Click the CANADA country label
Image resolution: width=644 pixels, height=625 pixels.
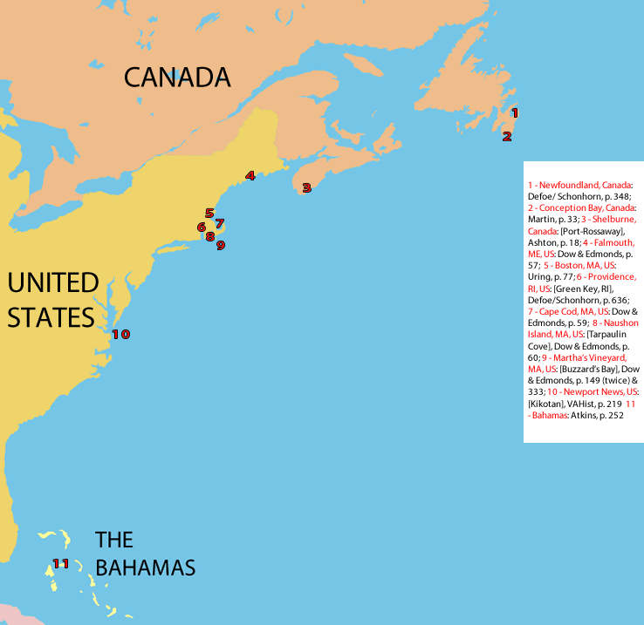click(177, 78)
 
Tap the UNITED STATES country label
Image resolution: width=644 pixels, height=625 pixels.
click(52, 299)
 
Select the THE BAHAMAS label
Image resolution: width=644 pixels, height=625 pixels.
click(144, 554)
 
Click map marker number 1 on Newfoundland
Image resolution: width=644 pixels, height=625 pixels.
click(514, 112)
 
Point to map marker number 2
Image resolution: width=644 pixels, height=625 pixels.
click(506, 136)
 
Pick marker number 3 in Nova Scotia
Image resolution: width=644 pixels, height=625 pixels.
click(306, 187)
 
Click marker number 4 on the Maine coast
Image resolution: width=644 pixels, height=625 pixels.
click(250, 175)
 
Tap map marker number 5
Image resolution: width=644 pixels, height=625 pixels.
click(209, 213)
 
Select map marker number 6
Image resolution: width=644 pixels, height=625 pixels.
click(202, 228)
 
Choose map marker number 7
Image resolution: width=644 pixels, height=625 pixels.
click(220, 223)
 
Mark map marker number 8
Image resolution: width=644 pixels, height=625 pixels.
click(210, 236)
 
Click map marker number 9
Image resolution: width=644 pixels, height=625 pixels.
click(221, 245)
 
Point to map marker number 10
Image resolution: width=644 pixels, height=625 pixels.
click(120, 334)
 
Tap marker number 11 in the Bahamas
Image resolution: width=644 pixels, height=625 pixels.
click(60, 563)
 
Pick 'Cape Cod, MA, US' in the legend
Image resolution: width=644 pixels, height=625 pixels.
click(568, 311)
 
